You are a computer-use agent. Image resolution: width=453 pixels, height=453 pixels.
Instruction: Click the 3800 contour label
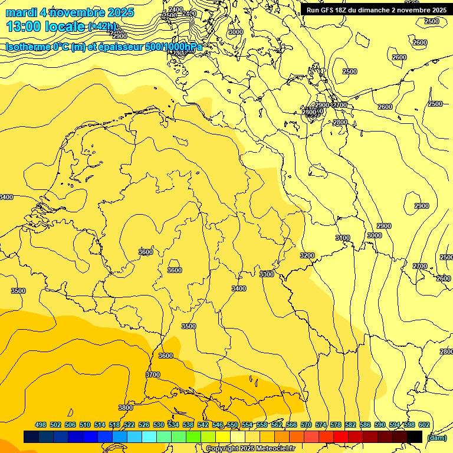pos(125,408)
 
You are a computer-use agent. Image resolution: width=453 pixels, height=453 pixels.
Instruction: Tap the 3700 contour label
pos(152,375)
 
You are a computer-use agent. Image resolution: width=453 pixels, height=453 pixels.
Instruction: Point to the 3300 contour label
pos(267,274)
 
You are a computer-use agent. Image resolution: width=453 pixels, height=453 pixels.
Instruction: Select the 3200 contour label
pos(307,255)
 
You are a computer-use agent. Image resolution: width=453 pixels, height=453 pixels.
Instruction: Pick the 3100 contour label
pos(343,238)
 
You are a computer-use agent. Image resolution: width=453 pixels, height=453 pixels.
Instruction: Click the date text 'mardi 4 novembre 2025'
pos(70,12)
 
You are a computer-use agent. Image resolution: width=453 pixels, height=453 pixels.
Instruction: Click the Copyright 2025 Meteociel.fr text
pos(250,449)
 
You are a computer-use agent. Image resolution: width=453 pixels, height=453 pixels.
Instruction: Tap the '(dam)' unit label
pos(436,437)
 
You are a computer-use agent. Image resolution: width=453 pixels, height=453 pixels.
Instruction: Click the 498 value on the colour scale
pos(41,425)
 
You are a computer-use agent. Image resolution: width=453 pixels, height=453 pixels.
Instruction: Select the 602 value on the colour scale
pos(424,425)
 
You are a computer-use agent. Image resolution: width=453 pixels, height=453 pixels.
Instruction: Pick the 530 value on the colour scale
pos(159,425)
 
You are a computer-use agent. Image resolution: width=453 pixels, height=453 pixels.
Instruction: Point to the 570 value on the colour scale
pos(306,425)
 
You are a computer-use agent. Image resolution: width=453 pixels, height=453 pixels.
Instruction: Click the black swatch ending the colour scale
pos(415,437)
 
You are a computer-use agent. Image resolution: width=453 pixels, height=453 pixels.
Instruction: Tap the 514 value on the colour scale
pos(100,425)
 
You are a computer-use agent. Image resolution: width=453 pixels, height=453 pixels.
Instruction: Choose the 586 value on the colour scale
pos(365,425)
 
